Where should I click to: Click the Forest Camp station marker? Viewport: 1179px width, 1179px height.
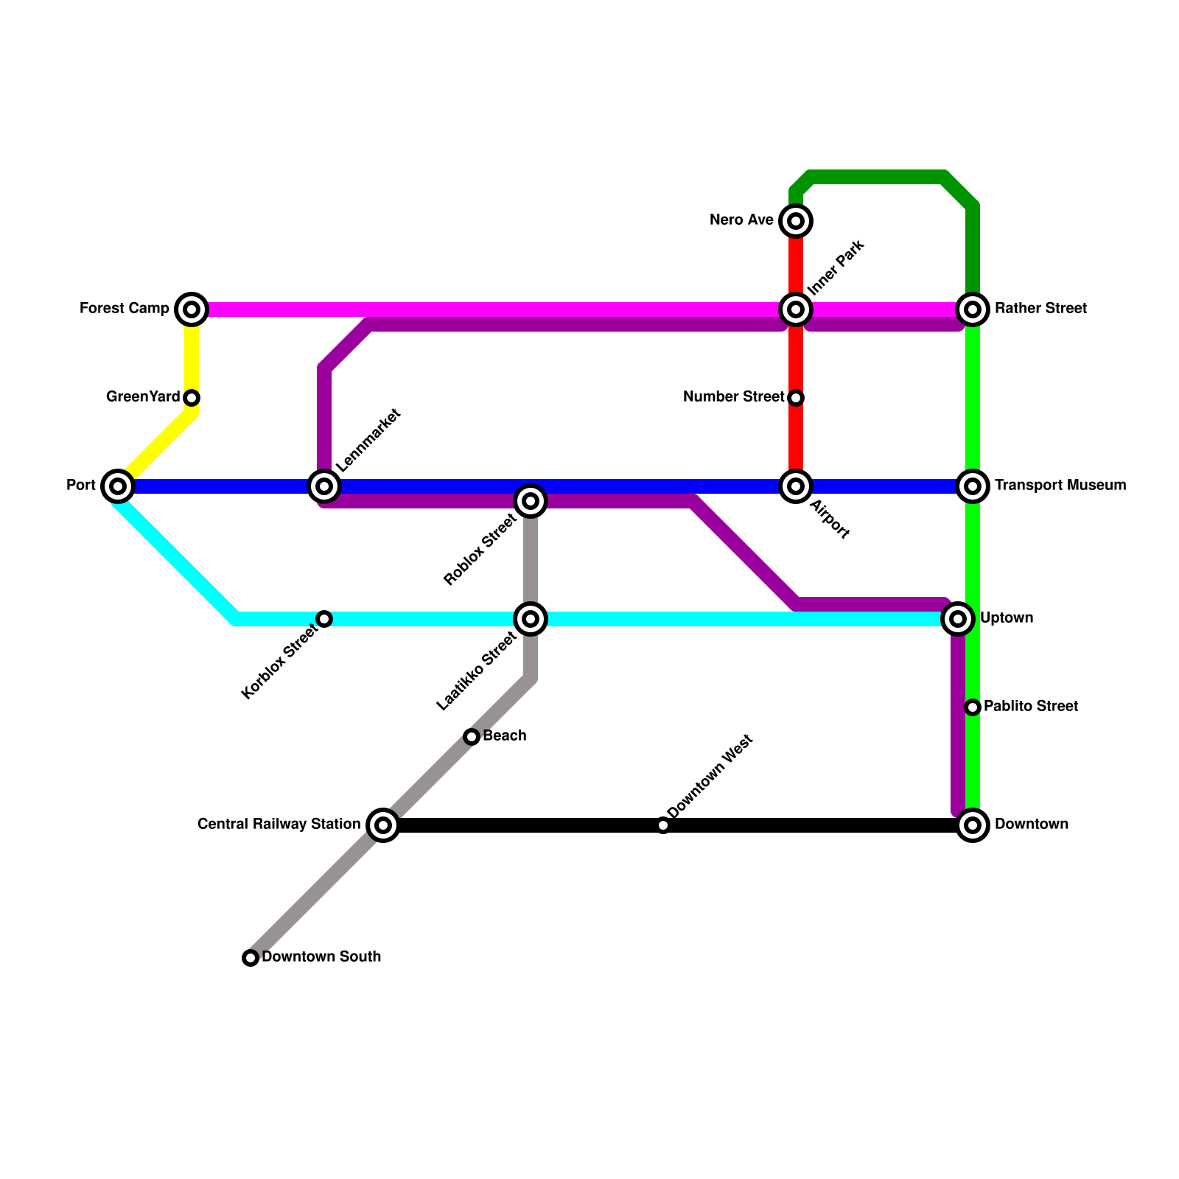192,309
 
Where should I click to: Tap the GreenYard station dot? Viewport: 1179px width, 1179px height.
192,398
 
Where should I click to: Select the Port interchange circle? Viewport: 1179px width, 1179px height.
118,486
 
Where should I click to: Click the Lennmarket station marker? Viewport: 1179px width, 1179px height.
324,486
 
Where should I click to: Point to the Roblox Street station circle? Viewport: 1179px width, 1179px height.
531,501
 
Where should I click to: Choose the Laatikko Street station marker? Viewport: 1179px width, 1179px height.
531,619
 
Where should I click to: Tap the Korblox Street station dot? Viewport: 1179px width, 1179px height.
324,619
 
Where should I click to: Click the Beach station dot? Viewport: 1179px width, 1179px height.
472,737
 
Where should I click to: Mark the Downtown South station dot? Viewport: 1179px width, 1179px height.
251,958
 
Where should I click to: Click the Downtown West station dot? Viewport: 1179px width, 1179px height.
663,825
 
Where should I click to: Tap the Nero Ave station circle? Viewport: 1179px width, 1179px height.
796,221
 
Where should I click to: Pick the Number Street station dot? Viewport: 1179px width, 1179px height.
796,398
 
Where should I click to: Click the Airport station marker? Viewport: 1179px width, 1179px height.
796,486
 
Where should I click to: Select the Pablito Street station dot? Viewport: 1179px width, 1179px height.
973,707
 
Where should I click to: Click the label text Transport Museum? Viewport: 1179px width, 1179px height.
1060,486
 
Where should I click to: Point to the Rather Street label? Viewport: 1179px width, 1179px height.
1040,309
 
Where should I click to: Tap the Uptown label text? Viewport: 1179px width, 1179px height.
1007,618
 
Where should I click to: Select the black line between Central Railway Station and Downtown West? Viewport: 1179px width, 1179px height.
523,825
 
